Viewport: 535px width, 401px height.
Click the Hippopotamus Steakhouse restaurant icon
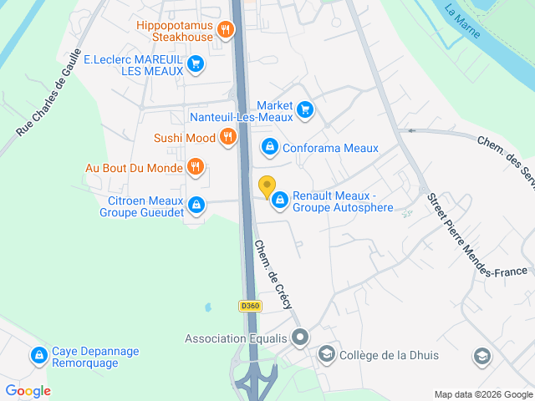(x=225, y=32)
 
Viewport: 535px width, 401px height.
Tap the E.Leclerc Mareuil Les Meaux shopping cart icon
(x=196, y=63)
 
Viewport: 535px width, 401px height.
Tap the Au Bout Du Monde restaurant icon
(x=195, y=167)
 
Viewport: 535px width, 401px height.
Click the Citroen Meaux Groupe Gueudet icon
(x=196, y=205)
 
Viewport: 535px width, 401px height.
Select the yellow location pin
(x=267, y=187)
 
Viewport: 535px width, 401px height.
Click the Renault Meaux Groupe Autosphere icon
(x=278, y=200)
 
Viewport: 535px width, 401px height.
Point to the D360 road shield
(x=250, y=306)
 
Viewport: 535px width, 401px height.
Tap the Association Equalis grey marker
(x=301, y=338)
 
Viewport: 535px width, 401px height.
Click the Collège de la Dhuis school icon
(x=327, y=355)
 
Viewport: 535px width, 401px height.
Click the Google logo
(x=28, y=390)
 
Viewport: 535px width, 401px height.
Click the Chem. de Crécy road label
(x=273, y=275)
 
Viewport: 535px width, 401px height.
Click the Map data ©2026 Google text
(x=483, y=394)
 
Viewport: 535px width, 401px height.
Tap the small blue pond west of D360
(x=206, y=307)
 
